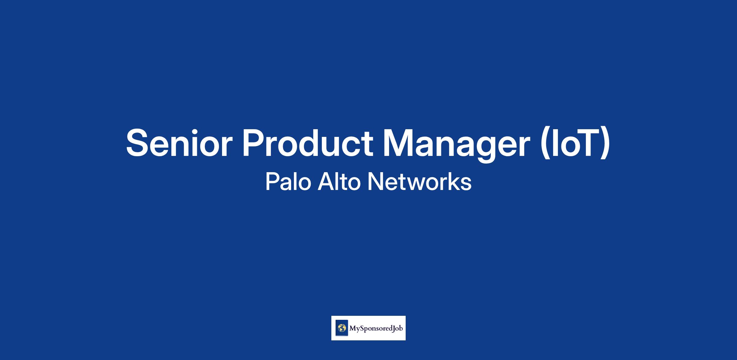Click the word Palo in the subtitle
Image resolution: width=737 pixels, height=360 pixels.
[288, 182]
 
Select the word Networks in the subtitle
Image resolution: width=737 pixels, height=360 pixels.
[419, 182]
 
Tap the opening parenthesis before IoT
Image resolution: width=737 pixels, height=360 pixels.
[545, 144]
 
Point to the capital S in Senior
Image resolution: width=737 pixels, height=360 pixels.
[138, 143]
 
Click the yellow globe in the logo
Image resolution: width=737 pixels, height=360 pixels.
[341, 328]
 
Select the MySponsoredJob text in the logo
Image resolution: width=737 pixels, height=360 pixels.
[376, 328]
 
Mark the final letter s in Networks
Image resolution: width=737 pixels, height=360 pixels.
[466, 184]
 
